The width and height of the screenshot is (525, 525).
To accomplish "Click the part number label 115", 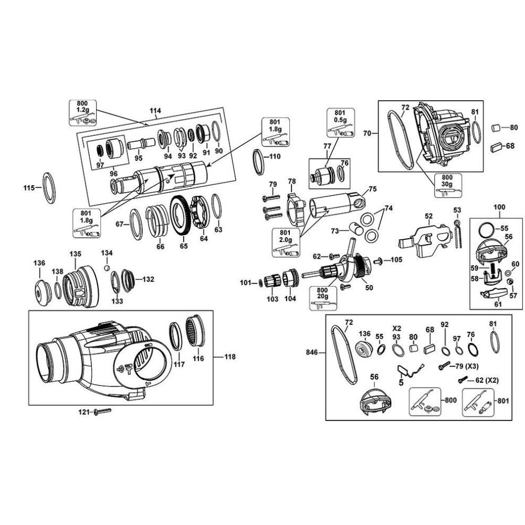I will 28,187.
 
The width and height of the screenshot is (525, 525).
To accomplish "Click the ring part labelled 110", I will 259,162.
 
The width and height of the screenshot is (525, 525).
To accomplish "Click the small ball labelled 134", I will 107,267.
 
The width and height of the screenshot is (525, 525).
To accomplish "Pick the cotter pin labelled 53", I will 457,231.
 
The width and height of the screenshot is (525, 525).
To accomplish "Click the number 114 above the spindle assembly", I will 155,111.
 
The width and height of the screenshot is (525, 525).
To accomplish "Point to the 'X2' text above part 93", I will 396,327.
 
